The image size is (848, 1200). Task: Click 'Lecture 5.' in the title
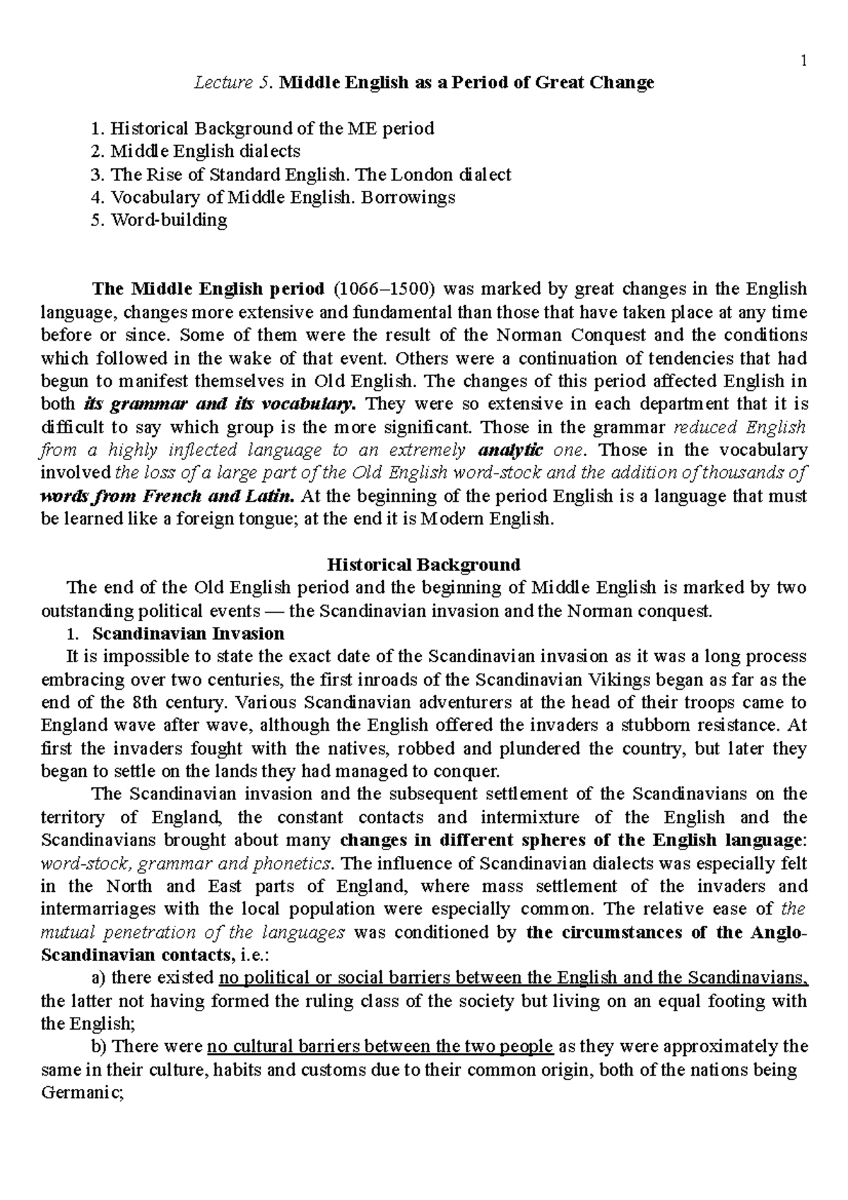233,83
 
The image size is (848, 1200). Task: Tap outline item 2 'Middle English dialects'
205,151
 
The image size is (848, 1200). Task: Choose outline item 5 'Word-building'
169,220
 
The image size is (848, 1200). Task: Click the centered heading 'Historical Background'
423,565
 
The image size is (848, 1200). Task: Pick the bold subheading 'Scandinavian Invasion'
188,633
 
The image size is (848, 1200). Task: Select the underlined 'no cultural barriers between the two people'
380,1047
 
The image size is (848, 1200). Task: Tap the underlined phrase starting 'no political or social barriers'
513,978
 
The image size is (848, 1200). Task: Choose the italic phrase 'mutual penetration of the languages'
193,932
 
